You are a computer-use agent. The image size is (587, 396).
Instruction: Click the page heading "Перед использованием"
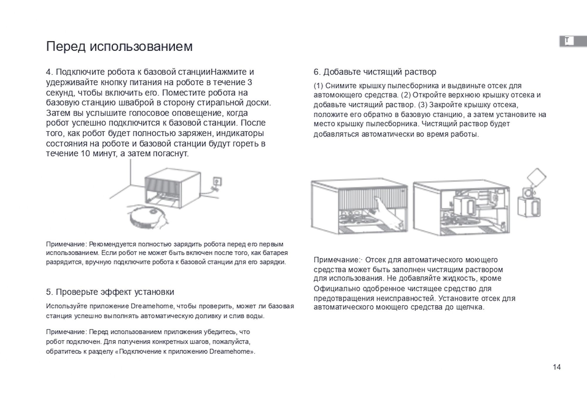119,46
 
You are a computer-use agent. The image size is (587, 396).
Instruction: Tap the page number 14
556,367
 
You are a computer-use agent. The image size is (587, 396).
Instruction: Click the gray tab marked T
572,41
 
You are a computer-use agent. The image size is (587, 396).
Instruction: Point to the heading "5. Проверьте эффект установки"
110,292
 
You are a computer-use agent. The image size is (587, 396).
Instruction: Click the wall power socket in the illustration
217,182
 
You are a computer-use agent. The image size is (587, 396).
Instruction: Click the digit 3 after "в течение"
249,82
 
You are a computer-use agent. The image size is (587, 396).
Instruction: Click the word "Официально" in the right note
337,289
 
